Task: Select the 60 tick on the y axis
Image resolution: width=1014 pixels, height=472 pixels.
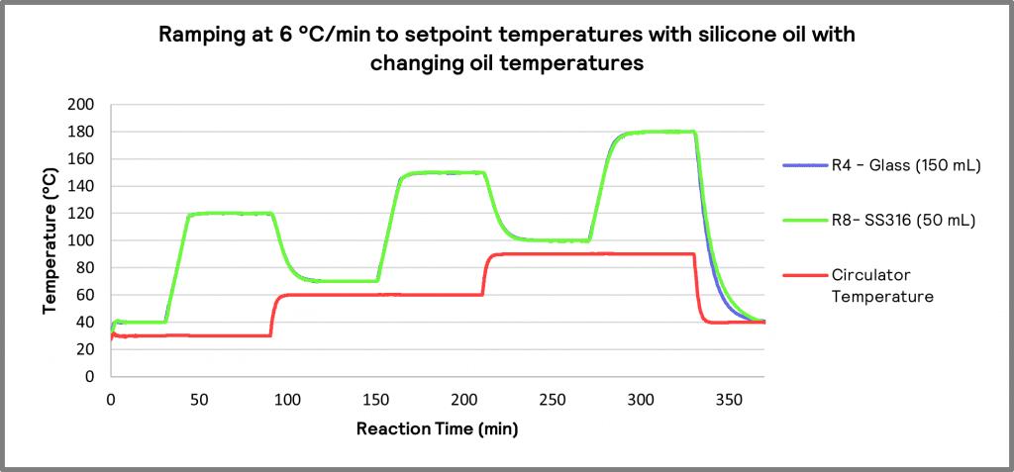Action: (x=88, y=295)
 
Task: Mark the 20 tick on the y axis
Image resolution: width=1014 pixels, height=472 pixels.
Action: (x=88, y=349)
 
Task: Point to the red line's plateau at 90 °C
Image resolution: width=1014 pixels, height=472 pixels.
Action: (x=594, y=253)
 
